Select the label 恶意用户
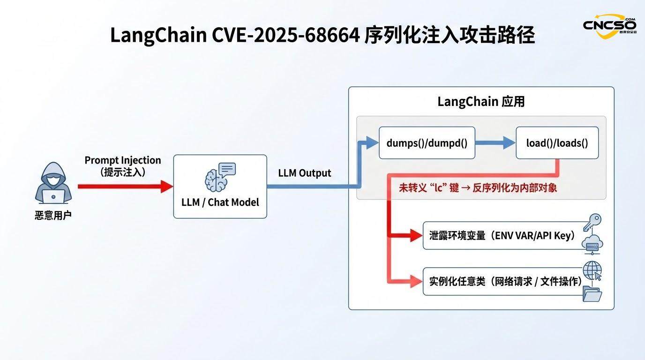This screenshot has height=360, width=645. point(53,216)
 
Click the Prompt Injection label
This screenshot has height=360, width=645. point(123,160)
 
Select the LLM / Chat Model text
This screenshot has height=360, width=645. point(220,202)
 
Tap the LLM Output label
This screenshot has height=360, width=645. point(305,173)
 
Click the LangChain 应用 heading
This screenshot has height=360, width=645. point(481,102)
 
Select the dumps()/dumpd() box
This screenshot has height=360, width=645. point(427,143)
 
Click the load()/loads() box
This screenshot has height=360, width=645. point(557,143)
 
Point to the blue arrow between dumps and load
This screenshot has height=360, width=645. point(495,143)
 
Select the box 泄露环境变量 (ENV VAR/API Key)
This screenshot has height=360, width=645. point(502,235)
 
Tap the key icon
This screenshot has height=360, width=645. point(592,222)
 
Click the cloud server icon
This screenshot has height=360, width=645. point(592,244)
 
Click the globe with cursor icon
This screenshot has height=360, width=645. point(592,271)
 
